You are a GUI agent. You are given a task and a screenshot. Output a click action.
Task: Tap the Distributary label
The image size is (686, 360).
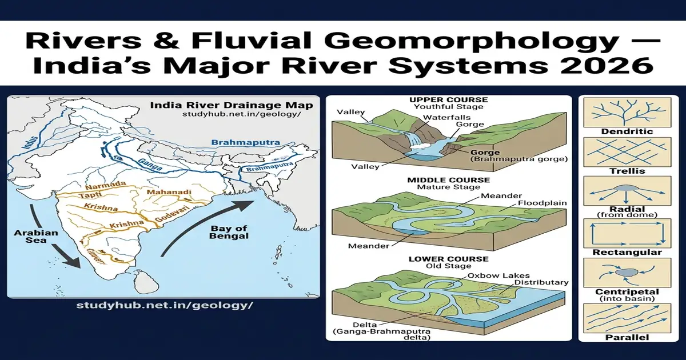(x=541, y=282)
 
